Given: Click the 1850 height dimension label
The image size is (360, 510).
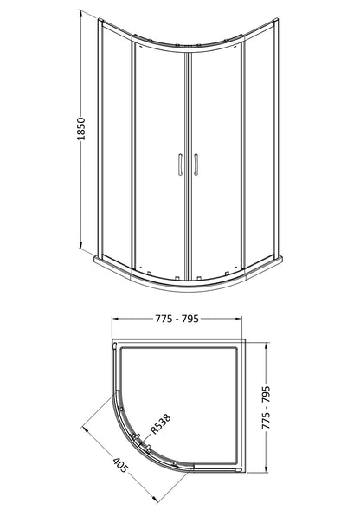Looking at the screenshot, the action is (81, 129).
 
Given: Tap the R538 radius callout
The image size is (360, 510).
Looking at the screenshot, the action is (161, 424).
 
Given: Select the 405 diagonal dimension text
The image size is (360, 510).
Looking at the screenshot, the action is (120, 465).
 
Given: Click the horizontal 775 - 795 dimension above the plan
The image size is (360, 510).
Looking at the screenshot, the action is (177, 319).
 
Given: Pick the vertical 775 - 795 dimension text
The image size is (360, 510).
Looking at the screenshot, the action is (266, 407).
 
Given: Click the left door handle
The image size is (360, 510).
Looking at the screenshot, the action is (181, 165).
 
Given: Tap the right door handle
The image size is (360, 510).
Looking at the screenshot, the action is (196, 165).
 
